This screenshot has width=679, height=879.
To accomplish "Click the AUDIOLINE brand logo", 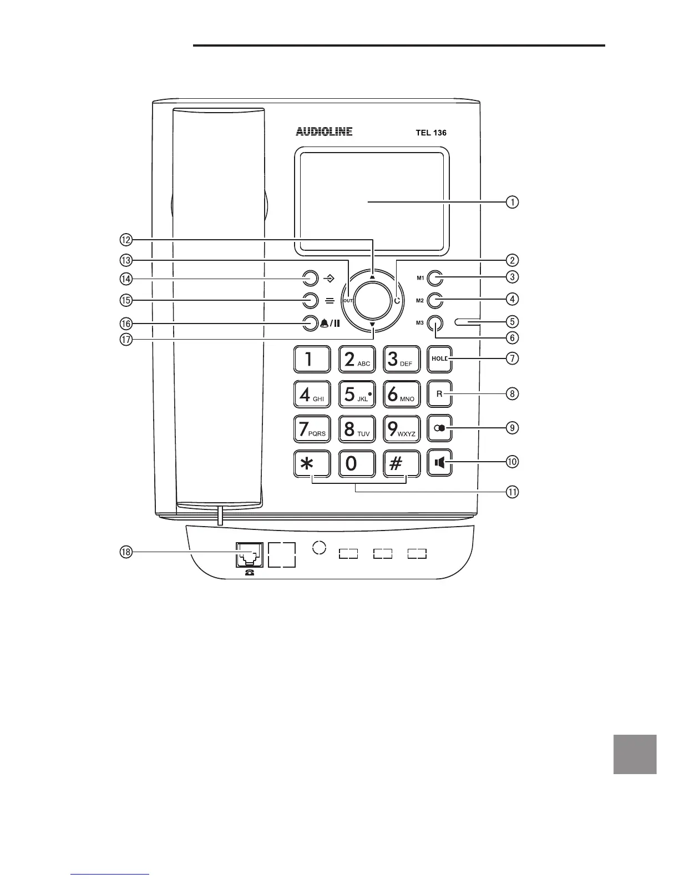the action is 324,132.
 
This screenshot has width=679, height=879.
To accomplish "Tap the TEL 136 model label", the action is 431,133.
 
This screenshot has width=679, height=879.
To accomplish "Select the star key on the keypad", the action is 312,463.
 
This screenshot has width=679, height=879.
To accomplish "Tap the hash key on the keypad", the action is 402,463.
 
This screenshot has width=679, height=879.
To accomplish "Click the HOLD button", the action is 440,359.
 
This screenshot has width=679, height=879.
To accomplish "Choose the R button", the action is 440,394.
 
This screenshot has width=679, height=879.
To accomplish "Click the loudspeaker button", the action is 440,462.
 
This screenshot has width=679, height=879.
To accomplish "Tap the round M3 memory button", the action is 435,323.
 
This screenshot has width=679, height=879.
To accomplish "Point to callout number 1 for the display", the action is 512,202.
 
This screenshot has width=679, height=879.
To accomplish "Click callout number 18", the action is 126,552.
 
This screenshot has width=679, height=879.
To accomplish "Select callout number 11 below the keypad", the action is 512,492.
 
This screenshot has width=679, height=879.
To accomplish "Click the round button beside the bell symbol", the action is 310,323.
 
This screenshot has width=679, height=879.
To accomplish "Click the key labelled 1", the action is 312,360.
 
